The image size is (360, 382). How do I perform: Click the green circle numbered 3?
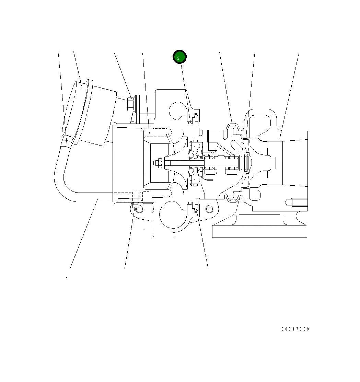coord(179,57)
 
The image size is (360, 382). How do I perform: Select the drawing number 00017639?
coord(295,329)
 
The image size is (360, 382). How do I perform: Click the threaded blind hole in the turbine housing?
coord(295,202)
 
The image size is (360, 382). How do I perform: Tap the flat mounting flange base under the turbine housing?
coord(259,231)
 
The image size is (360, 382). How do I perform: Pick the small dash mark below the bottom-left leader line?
coord(66,277)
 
